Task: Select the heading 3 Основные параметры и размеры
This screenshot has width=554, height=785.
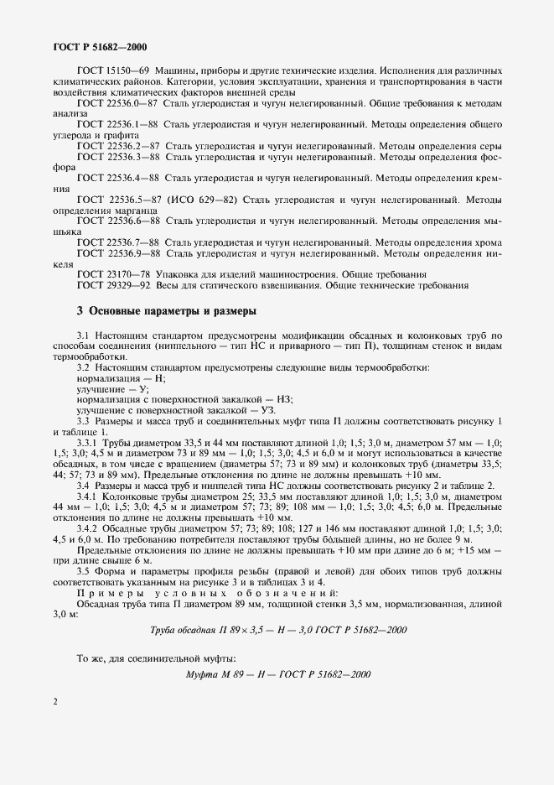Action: pos(166,310)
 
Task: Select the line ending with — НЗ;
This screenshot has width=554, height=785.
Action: pos(179,400)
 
